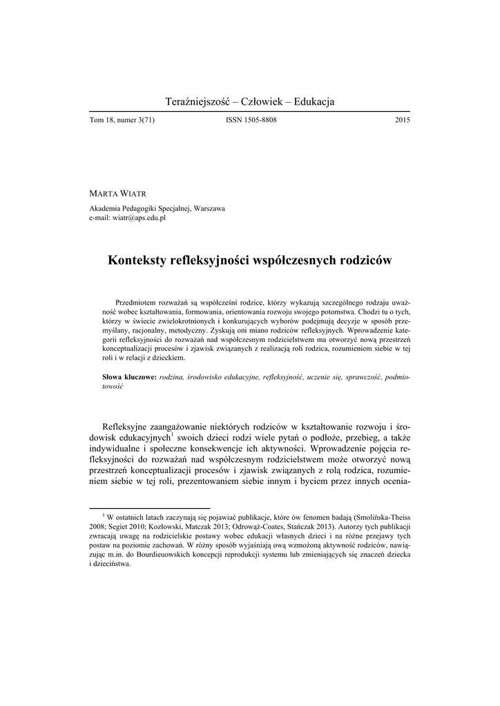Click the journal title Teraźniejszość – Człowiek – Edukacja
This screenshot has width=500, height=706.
250,102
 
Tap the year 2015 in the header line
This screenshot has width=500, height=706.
403,121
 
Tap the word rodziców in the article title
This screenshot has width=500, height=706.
365,261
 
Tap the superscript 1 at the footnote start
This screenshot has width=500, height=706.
103,513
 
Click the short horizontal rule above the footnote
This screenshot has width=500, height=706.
150,506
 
